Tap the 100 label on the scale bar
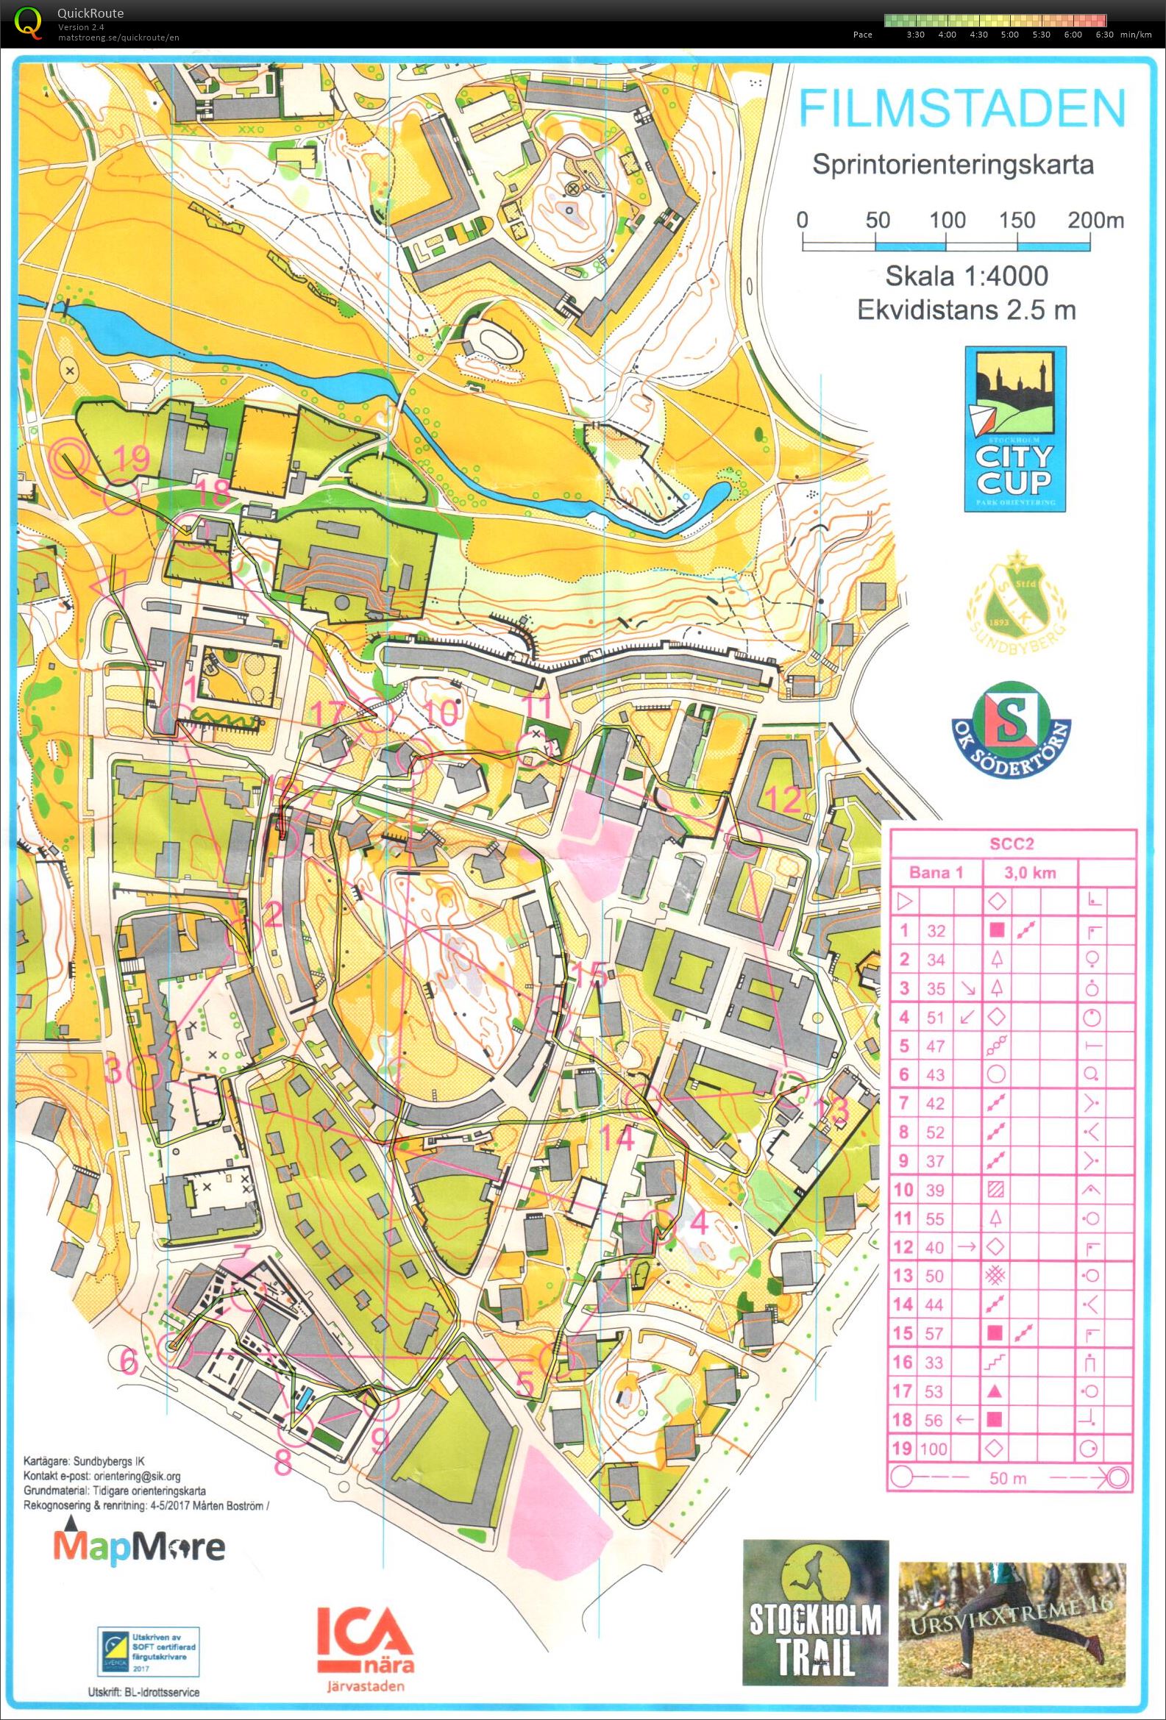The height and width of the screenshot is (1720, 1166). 948,220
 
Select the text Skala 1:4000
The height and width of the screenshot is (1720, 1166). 966,276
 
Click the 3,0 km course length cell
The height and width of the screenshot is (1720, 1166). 1029,873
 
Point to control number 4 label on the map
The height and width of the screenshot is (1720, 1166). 699,1223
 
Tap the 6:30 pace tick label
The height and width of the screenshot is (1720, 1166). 1103,35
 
